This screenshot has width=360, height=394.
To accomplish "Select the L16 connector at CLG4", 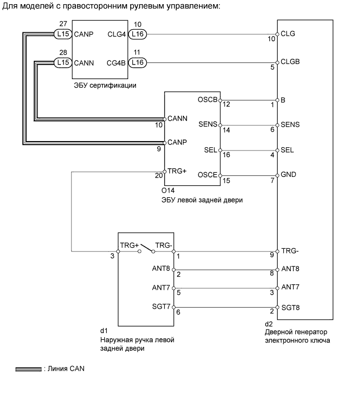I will click(138, 34).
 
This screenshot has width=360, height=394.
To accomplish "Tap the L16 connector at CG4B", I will click(138, 63).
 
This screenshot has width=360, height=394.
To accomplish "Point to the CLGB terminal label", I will click(290, 61).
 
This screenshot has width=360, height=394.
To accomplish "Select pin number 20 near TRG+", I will click(158, 176).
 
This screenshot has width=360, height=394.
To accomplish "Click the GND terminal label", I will click(289, 175).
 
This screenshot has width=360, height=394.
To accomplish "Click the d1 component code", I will click(104, 330).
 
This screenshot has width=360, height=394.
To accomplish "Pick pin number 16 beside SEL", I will click(226, 155).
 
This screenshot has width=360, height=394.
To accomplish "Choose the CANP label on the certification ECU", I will click(83, 35).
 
